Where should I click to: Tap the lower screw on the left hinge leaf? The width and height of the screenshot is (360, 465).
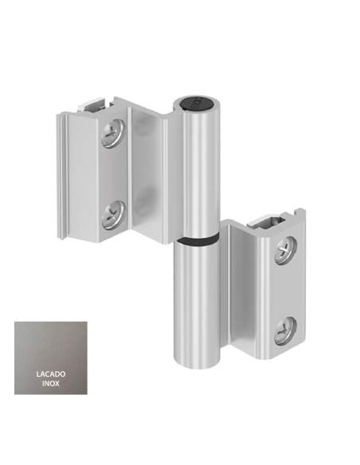[112, 213]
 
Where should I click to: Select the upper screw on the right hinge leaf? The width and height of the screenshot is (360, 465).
[284, 252]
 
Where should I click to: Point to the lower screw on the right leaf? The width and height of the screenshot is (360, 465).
[284, 329]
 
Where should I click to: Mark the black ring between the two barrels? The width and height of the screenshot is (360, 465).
[198, 239]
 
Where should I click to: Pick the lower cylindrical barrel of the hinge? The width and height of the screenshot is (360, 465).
[196, 303]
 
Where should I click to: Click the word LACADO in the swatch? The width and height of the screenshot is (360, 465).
[51, 373]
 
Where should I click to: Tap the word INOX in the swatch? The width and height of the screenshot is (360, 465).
[51, 384]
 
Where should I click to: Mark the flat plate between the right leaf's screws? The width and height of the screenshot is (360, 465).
[285, 291]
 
